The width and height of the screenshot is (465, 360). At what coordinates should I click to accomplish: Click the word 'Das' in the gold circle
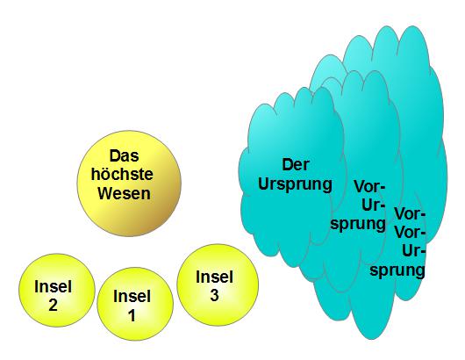click(x=124, y=155)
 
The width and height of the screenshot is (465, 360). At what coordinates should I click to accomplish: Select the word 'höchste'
click(x=122, y=174)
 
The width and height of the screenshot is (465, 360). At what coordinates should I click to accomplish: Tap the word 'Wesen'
click(x=124, y=193)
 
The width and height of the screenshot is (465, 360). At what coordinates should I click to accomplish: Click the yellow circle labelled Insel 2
click(x=57, y=290)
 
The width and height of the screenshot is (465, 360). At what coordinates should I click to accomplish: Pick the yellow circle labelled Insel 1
click(x=135, y=304)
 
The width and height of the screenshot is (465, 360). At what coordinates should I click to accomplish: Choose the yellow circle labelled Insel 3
click(x=218, y=284)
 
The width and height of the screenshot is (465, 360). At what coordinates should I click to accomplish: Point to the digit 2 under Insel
click(x=54, y=305)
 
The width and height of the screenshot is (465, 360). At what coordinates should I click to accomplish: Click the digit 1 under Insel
click(x=132, y=315)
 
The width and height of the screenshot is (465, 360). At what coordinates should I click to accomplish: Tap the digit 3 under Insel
click(x=214, y=295)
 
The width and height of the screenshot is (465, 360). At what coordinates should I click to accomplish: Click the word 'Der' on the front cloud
click(x=296, y=165)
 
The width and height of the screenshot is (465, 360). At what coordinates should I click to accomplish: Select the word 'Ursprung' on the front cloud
click(x=295, y=184)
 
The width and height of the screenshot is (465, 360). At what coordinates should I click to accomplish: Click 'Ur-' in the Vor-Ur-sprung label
click(x=374, y=205)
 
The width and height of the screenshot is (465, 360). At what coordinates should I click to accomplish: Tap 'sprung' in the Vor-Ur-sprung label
click(x=358, y=224)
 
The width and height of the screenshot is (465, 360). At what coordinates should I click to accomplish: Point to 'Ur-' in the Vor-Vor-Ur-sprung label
click(x=414, y=251)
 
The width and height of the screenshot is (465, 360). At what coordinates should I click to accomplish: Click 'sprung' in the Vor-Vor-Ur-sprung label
click(x=397, y=270)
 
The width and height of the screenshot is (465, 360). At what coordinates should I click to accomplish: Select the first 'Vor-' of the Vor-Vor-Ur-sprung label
click(x=410, y=213)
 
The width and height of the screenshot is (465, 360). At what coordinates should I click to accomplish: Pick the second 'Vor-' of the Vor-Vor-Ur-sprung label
click(x=410, y=233)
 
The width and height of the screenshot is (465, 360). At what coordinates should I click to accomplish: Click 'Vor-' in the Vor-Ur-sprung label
click(x=369, y=187)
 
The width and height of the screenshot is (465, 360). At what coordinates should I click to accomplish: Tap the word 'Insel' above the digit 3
click(x=214, y=277)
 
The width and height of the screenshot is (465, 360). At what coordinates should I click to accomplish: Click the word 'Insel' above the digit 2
click(x=54, y=287)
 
